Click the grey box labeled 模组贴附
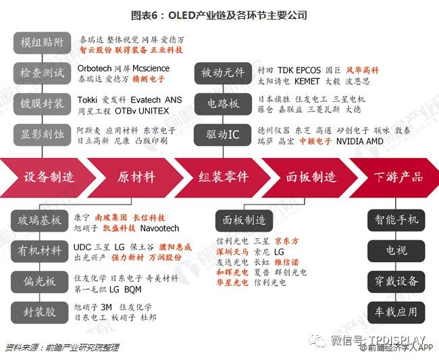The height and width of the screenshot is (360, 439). click(42, 44)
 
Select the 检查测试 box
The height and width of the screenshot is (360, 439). click(42, 73)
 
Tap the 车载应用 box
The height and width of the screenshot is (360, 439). click(396, 311)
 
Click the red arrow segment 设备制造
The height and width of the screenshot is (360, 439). click(49, 177)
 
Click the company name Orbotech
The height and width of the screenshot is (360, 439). click(94, 68)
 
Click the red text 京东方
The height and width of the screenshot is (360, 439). click(286, 241)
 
